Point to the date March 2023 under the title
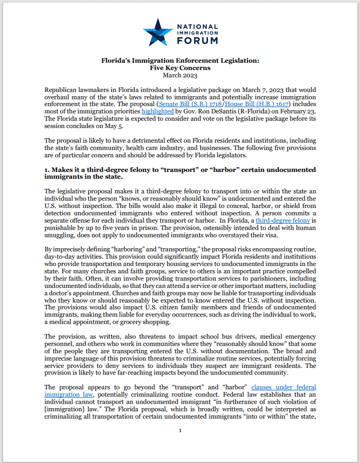tap(180, 75)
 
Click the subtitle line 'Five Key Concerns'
tap(180, 68)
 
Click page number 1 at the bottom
tap(180, 445)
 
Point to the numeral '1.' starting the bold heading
tap(48, 170)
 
